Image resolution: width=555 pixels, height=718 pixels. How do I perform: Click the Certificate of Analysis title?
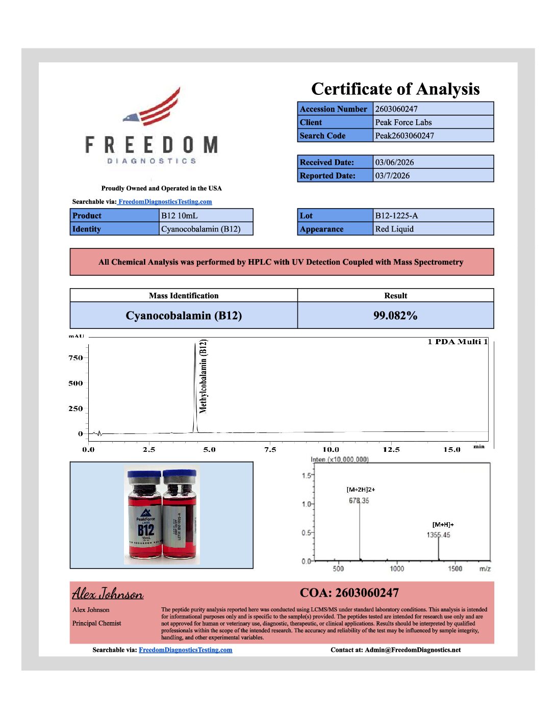[x=395, y=89]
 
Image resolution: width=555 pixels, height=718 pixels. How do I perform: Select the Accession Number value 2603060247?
[x=396, y=109]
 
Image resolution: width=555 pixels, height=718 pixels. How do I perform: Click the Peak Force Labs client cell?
[x=403, y=122]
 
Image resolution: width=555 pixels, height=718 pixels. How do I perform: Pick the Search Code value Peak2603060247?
[x=405, y=136]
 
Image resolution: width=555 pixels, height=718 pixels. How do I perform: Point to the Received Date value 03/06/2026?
[x=394, y=162]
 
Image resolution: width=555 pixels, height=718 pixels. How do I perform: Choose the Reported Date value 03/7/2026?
[x=392, y=175]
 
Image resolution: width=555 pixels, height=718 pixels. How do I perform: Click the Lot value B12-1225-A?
[x=396, y=216]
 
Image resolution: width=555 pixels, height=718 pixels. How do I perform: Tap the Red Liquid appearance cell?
[x=394, y=229]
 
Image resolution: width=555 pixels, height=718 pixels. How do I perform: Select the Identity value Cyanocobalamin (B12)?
[x=200, y=229]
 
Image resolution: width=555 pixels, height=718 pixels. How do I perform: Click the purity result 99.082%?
[x=395, y=316]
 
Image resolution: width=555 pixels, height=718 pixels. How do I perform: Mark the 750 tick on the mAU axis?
[x=76, y=358]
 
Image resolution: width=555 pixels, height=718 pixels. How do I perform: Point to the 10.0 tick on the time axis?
[x=331, y=449]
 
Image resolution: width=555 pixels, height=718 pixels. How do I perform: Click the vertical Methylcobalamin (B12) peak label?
[x=204, y=376]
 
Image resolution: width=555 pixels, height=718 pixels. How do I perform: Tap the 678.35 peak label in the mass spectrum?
[x=359, y=501]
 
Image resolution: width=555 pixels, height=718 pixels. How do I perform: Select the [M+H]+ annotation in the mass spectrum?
[x=443, y=524]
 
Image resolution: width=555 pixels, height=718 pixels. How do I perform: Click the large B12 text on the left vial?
[x=146, y=530]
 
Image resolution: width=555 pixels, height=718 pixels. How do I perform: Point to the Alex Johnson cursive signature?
[x=108, y=594]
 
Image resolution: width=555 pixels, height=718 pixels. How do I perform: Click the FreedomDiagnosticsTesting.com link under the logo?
[x=165, y=202]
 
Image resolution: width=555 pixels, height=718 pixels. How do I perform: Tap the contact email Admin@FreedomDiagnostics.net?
[x=413, y=650]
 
